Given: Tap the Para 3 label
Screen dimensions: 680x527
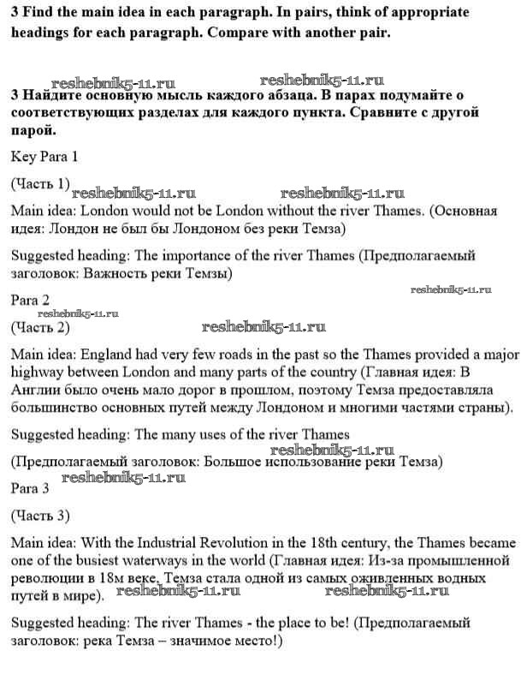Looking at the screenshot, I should pyautogui.click(x=30, y=488).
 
